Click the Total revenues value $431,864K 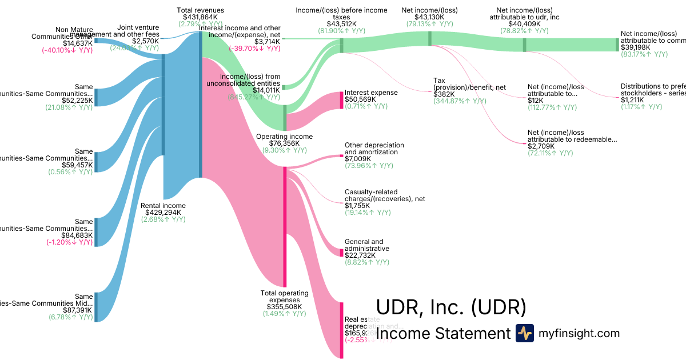coord(200,17)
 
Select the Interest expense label coord(371,93)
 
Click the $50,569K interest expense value coord(360,99)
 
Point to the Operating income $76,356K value coord(284,143)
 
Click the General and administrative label coord(364,245)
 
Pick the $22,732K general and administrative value coord(360,255)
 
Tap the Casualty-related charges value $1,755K coord(358,206)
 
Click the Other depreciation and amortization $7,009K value coord(360,159)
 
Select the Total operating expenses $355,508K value coord(284,307)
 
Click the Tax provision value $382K coord(444,94)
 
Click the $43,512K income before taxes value coord(341,24)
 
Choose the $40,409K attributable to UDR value coord(524,24)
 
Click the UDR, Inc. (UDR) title coord(451,307)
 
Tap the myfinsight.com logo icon coord(524,333)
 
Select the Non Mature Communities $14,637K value coord(78,43)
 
